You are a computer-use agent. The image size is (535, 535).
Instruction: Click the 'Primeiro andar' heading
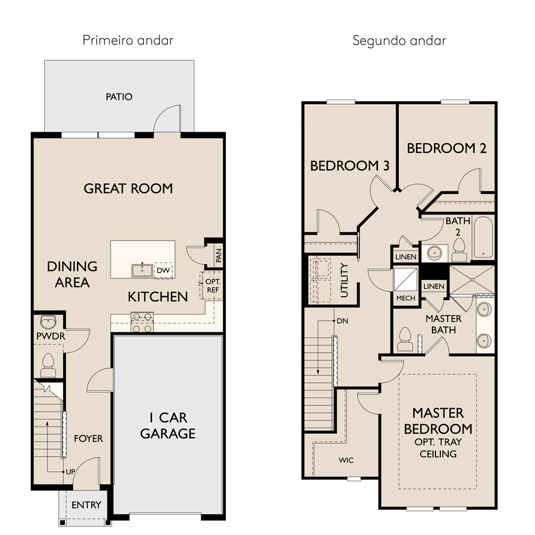coord(128,40)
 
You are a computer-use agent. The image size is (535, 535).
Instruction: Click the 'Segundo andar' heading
coord(399,41)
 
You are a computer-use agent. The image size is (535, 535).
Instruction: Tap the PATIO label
coord(119,97)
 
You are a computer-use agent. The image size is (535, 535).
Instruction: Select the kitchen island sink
coord(142,270)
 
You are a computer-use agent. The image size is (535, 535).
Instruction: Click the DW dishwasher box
coord(163,270)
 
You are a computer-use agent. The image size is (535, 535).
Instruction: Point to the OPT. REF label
coord(213,286)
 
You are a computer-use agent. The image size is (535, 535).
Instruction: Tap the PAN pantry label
coord(219,255)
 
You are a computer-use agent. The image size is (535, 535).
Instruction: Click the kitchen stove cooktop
coord(142,322)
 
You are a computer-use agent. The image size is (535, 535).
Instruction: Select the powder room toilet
coord(48,365)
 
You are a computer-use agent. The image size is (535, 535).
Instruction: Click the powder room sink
coord(48,321)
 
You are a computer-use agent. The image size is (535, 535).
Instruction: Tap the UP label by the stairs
coord(70,472)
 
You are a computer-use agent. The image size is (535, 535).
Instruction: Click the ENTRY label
coord(86,505)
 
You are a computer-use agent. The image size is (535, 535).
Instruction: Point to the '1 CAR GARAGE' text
coord(168,426)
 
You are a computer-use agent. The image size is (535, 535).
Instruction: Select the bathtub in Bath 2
coord(483,237)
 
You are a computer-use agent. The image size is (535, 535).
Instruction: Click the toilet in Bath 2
coord(459,250)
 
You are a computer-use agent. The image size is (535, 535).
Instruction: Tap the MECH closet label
coord(406,298)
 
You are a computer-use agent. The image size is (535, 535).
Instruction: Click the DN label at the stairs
coord(342,321)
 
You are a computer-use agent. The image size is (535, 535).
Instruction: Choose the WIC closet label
coord(346,460)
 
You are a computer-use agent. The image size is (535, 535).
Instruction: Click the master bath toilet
coord(405,339)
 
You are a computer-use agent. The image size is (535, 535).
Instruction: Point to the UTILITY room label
coord(344,280)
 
